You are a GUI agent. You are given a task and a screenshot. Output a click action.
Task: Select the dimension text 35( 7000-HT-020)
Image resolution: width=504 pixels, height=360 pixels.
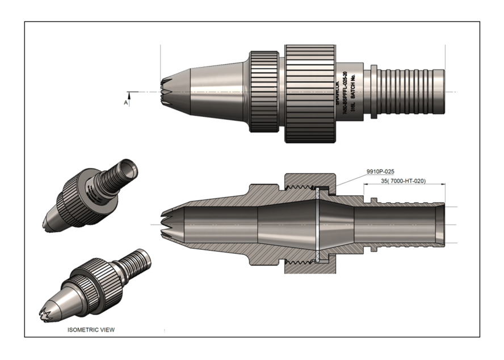[402, 181]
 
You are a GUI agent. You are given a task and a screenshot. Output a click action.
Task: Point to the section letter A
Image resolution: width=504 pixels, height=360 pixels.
[125, 103]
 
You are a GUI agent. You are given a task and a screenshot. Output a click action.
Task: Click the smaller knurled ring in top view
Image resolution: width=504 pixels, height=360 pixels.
[264, 92]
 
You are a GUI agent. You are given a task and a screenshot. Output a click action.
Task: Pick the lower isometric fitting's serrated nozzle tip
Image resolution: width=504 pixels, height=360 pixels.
[48, 312]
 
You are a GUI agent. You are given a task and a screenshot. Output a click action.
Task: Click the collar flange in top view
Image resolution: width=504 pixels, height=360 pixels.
[370, 92]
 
